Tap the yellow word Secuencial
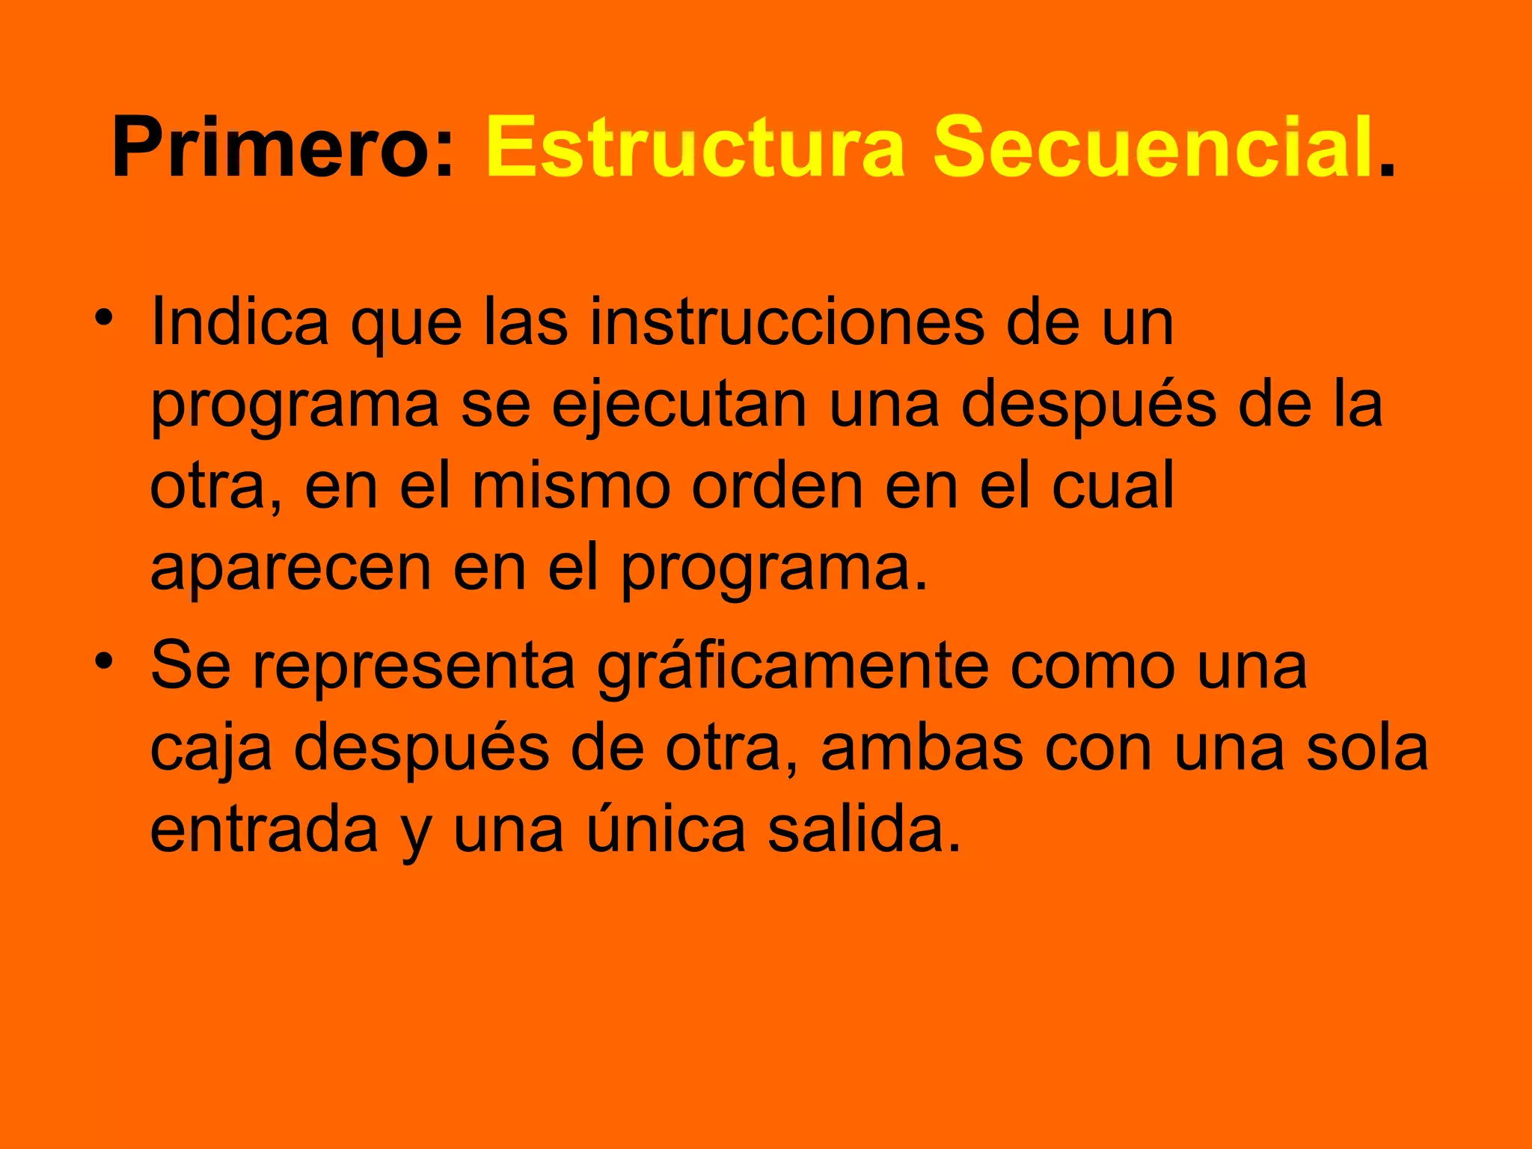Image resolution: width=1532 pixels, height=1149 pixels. (x=1153, y=147)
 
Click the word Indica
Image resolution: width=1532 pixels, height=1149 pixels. (x=239, y=322)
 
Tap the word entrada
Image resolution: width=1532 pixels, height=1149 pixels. (x=264, y=830)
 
